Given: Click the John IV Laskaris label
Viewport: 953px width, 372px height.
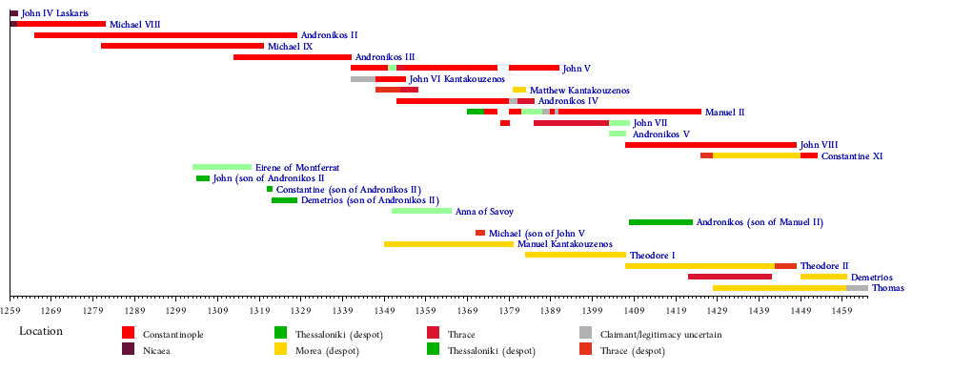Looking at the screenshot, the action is tap(53, 13).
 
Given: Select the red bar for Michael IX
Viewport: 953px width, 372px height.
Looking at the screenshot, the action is tap(182, 46).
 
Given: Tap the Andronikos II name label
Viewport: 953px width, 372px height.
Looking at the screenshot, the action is tap(325, 35).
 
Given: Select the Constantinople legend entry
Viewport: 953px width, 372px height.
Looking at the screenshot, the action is tap(162, 334).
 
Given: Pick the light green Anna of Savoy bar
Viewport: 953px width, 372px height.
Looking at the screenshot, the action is tap(422, 211).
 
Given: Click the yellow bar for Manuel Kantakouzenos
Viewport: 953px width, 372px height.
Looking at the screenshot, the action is tap(449, 244).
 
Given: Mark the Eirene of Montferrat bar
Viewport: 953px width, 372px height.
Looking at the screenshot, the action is tap(222, 167).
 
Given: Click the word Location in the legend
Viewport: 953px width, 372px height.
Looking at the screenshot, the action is tap(41, 332).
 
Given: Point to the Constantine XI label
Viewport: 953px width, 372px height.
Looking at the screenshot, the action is tap(851, 156).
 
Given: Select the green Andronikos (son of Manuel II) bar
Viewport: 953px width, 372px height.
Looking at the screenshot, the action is tap(660, 222).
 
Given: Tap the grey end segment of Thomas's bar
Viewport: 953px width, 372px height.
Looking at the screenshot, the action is tap(857, 288).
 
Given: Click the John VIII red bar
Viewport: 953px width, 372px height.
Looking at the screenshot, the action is tap(711, 145).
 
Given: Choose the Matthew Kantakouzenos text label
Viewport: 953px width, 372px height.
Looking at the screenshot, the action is tap(579, 91).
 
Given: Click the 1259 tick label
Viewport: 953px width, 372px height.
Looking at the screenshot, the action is tap(10, 309).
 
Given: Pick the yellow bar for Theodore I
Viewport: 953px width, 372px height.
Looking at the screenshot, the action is tap(576, 256).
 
